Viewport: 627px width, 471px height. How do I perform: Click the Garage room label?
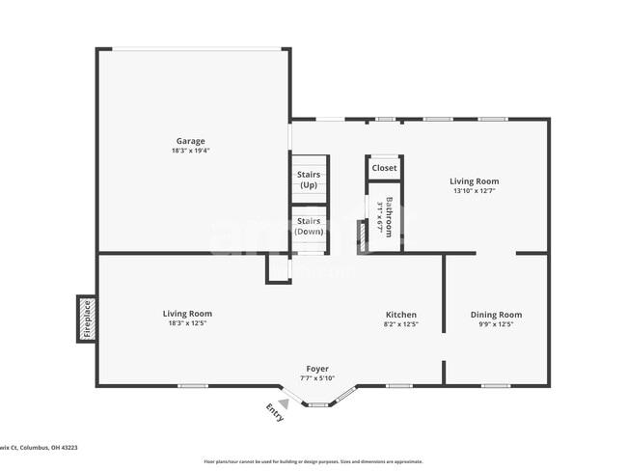tap(190, 141)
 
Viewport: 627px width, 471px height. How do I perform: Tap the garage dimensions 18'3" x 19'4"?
tap(190, 151)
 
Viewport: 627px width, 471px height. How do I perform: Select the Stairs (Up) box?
tap(309, 180)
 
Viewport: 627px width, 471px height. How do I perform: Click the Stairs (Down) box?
tap(309, 227)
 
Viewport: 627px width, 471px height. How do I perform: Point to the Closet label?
tap(384, 168)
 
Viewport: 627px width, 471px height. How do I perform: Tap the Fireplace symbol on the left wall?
tap(86, 319)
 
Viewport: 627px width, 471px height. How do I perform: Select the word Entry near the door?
tap(274, 412)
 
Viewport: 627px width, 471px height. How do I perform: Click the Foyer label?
tap(317, 369)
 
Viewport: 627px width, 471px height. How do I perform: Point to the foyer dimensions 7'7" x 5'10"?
tap(317, 378)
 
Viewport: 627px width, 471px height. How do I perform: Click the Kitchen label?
tap(401, 315)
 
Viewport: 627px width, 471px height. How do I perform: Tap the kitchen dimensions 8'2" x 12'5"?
tap(401, 324)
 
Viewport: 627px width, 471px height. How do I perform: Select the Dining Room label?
tap(496, 315)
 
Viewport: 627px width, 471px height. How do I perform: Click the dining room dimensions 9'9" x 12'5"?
tap(496, 324)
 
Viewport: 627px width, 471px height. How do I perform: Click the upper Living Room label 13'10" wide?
tap(474, 180)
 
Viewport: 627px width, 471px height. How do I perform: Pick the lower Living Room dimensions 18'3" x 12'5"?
tap(187, 323)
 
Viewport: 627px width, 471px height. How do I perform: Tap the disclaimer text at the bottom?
tap(313, 461)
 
